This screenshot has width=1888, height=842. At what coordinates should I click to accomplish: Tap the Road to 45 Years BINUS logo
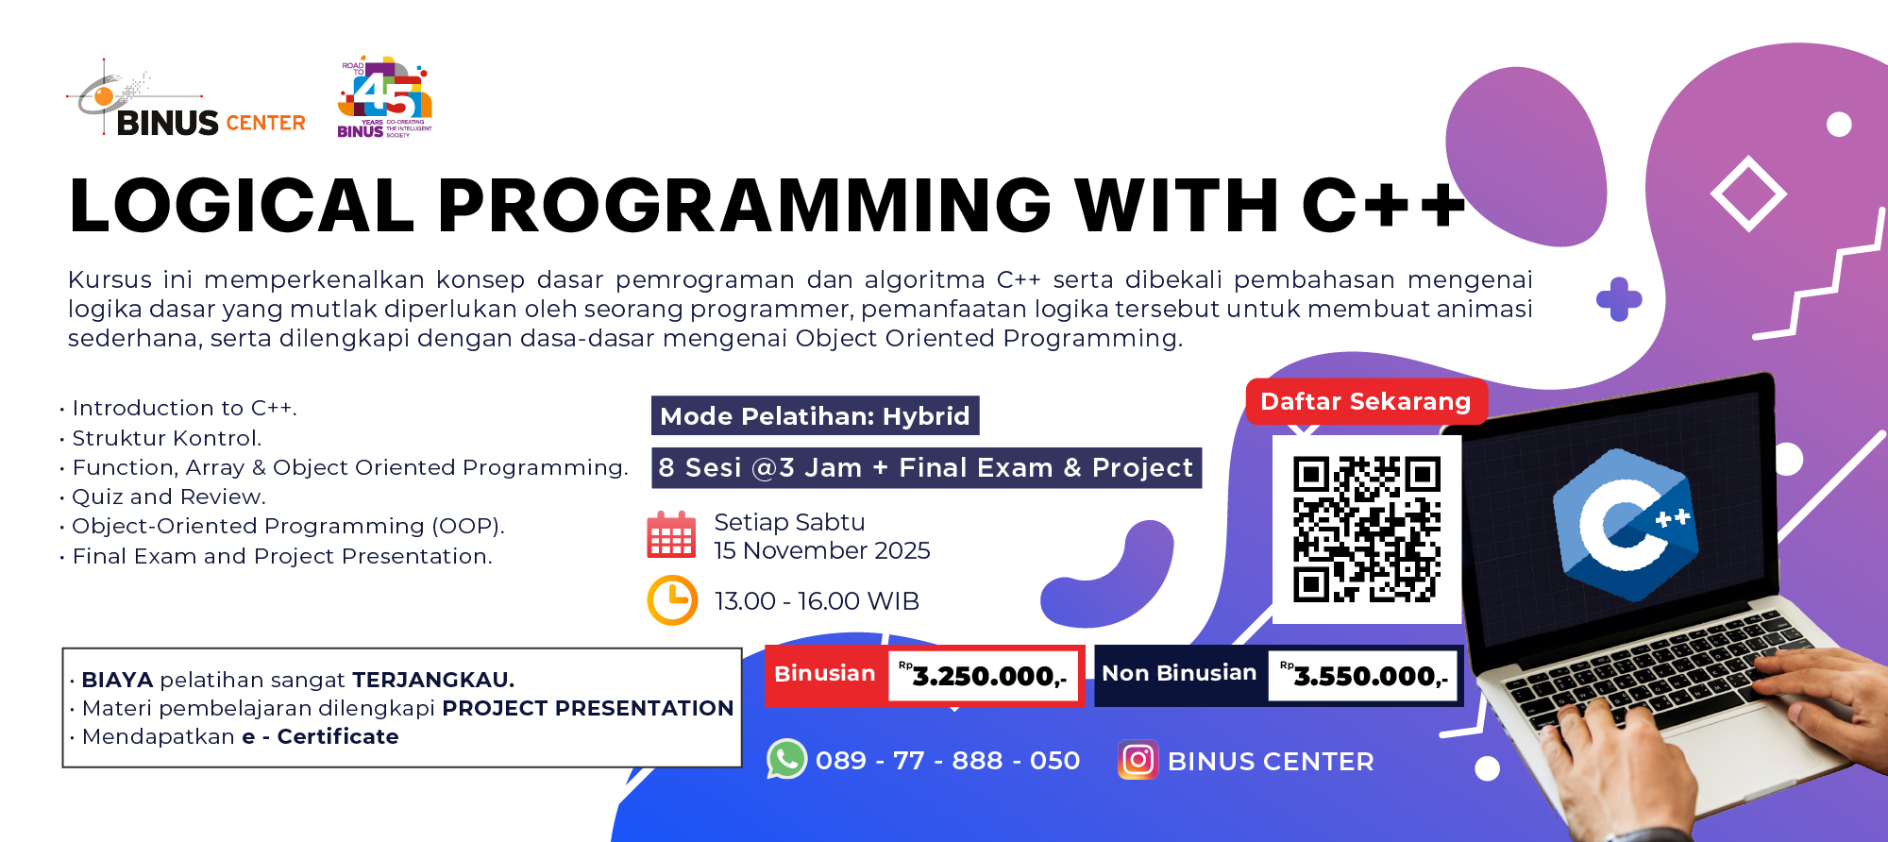[384, 97]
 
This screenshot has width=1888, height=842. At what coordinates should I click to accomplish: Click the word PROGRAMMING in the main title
[744, 205]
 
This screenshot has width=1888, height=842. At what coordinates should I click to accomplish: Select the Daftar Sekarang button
[1365, 401]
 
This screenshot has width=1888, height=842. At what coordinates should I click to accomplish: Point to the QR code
[1366, 529]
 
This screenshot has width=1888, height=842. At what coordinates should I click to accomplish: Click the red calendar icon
[671, 535]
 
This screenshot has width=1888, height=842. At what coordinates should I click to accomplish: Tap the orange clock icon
[672, 600]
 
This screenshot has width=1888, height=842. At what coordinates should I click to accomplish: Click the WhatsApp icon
[786, 759]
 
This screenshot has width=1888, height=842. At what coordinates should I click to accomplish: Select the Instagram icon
[1138, 760]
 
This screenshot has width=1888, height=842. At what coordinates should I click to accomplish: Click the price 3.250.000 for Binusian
[988, 676]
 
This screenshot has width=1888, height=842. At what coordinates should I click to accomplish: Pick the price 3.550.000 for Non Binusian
[1369, 676]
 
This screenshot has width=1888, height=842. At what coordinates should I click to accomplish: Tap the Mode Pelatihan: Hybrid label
[815, 415]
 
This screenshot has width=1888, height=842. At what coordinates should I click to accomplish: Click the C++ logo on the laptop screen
[1624, 524]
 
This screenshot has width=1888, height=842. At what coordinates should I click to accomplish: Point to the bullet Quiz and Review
[169, 497]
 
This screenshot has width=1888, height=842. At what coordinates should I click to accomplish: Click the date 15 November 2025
[821, 550]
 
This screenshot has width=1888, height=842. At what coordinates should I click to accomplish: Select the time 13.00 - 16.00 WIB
[817, 601]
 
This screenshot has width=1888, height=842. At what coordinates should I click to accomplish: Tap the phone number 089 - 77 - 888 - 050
[947, 760]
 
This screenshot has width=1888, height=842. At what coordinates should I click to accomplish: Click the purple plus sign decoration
[1619, 299]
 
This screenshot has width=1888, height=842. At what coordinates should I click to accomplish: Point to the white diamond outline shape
[1747, 194]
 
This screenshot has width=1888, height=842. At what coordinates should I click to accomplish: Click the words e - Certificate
[320, 736]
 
